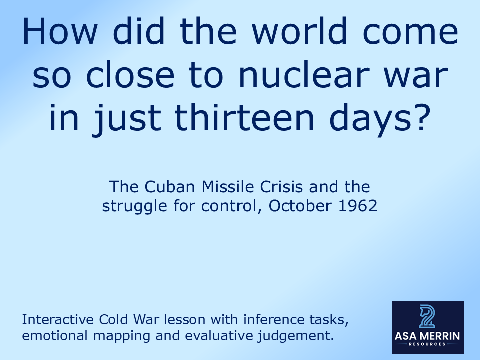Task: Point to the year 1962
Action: (357, 206)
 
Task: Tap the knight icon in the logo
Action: (427, 316)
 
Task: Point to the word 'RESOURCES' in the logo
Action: (427, 344)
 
